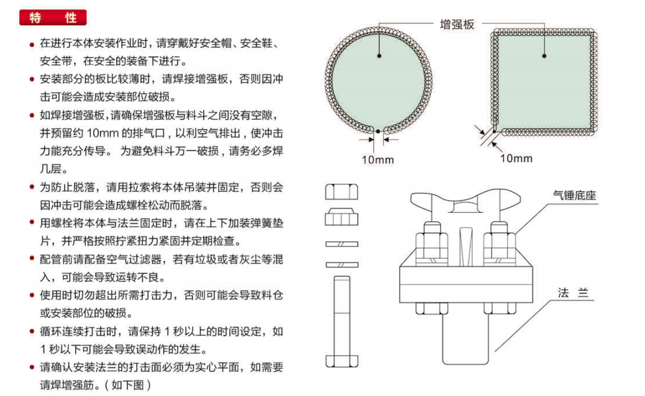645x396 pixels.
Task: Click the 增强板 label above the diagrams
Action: (x=457, y=25)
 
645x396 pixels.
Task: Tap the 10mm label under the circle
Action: (x=378, y=159)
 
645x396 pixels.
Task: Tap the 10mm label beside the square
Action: (x=516, y=158)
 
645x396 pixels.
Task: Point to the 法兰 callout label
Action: (x=572, y=293)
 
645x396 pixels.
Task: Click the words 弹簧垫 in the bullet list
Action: (x=267, y=223)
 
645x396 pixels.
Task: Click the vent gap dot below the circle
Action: (x=378, y=131)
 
